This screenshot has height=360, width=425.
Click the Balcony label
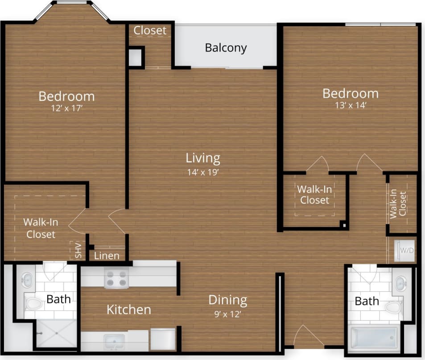(x=226, y=48)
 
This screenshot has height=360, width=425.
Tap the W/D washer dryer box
(x=406, y=250)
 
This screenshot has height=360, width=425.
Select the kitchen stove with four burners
(x=116, y=279)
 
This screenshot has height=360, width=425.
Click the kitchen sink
(x=115, y=342)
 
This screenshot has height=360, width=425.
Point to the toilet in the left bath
(x=34, y=304)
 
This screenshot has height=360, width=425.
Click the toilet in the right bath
(x=393, y=307)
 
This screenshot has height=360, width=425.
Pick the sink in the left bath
(x=27, y=280)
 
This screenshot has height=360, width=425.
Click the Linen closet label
(x=107, y=256)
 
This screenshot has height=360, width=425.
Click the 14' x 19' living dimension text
(x=203, y=172)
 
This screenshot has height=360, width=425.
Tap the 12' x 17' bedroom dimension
(x=66, y=108)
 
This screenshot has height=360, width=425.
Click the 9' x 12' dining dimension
(x=227, y=314)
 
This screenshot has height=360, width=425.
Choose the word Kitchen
(x=128, y=309)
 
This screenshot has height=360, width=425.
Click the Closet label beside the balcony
(x=150, y=30)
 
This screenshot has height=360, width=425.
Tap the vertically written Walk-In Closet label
(x=398, y=204)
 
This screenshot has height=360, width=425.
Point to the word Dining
(x=227, y=300)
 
